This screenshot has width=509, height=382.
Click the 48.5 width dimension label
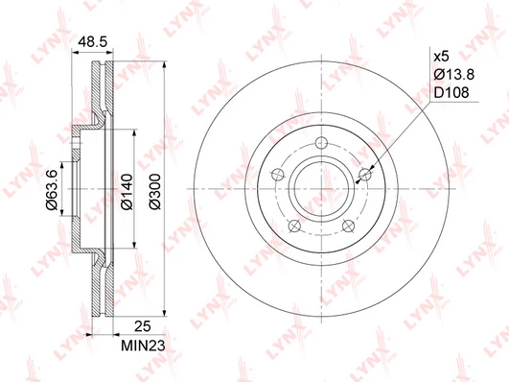point(93,42)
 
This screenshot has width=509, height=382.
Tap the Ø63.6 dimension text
point(52,189)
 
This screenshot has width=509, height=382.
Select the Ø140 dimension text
point(127,192)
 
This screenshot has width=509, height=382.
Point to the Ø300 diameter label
point(155,192)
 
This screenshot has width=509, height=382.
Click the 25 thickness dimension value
point(143,326)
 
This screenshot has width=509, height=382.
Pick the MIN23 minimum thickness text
point(143,346)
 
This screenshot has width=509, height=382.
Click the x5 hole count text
point(442,57)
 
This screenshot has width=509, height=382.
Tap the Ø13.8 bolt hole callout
point(454,75)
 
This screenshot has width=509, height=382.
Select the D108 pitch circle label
point(451,93)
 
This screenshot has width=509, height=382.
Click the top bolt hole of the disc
point(322,142)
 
